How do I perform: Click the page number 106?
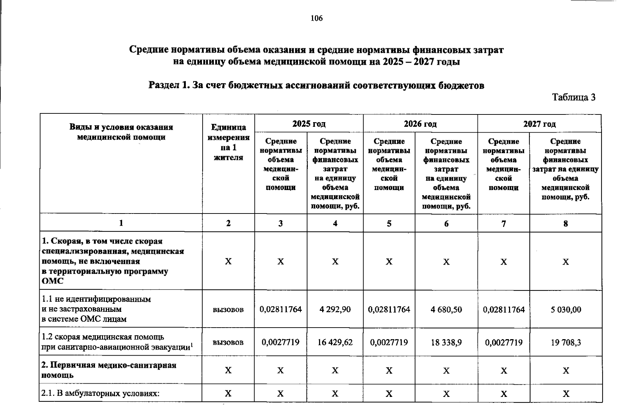[317, 18]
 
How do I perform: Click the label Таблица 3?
[574, 97]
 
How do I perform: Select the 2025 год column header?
[309, 124]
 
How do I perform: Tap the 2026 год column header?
[420, 124]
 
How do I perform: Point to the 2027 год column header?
[539, 124]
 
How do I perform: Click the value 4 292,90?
[335, 309]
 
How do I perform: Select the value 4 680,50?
[446, 309]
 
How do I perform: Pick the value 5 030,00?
[565, 309]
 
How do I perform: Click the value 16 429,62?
[335, 342]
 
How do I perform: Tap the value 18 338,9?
[446, 342]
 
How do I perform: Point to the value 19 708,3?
[565, 342]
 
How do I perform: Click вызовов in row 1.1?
[228, 310]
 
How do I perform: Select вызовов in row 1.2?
[228, 342]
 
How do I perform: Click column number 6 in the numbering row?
[446, 223]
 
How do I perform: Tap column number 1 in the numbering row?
[121, 223]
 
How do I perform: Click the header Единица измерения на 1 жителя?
[229, 142]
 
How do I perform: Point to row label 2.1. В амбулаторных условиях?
[101, 393]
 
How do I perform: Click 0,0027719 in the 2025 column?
[280, 342]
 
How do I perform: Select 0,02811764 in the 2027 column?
[504, 309]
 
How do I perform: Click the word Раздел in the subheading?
[164, 85]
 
